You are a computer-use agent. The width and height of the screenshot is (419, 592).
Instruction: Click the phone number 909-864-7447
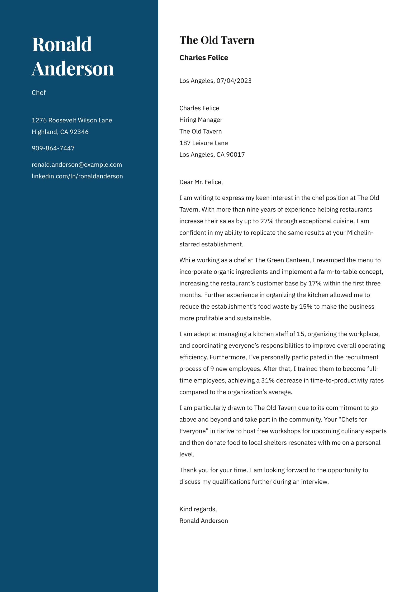(53, 148)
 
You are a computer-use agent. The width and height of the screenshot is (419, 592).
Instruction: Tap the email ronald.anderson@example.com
(77, 165)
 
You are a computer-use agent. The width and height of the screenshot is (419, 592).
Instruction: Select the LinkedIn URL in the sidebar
(77, 176)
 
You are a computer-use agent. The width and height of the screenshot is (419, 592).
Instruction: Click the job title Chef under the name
(39, 93)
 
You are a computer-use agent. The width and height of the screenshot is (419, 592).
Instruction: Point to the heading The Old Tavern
(217, 40)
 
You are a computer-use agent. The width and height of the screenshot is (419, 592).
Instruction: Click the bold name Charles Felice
(204, 58)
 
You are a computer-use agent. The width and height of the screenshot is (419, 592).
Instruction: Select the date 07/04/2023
(234, 81)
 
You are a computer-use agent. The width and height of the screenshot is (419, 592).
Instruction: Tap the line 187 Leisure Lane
(203, 143)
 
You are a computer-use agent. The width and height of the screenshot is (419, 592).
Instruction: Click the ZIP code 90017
(236, 155)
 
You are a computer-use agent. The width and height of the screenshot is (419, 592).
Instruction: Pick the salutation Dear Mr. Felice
(201, 182)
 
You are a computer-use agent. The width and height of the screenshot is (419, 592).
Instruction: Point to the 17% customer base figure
(315, 283)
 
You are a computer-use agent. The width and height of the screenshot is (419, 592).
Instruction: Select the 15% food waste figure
(306, 307)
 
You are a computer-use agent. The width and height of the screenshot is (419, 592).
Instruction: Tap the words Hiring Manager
(201, 120)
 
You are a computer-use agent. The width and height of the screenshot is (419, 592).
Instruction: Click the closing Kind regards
(198, 509)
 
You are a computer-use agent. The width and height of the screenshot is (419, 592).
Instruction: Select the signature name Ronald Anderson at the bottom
(204, 521)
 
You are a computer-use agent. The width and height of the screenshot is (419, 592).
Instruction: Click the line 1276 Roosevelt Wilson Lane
(72, 120)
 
